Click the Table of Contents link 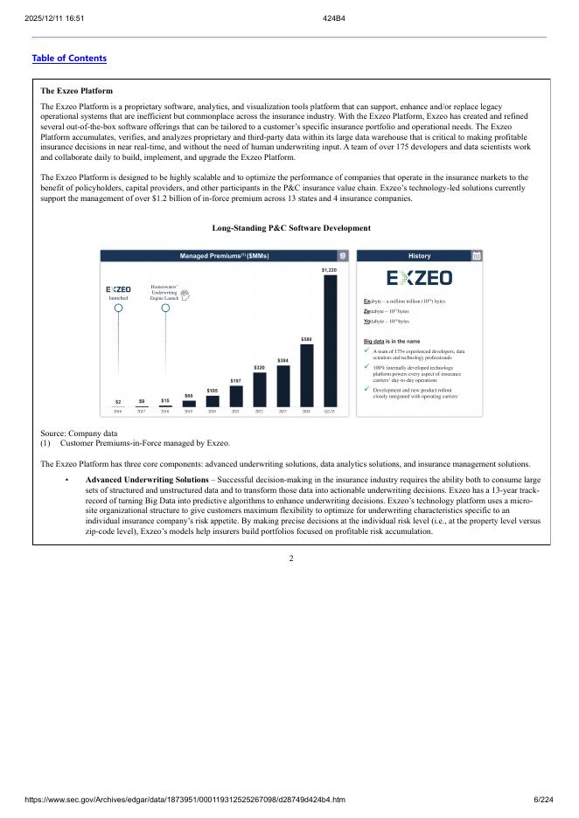point(69,59)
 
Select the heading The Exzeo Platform point(77,91)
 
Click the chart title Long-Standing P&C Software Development point(291,228)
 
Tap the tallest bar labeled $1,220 point(329,342)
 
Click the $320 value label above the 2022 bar point(259,368)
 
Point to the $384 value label point(283,360)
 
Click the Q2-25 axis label point(329,411)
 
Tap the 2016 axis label point(117,411)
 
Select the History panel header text point(419,256)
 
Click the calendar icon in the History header point(476,256)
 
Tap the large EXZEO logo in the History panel point(420,278)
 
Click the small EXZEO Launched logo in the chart point(118,288)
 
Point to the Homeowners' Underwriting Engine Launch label point(164,292)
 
